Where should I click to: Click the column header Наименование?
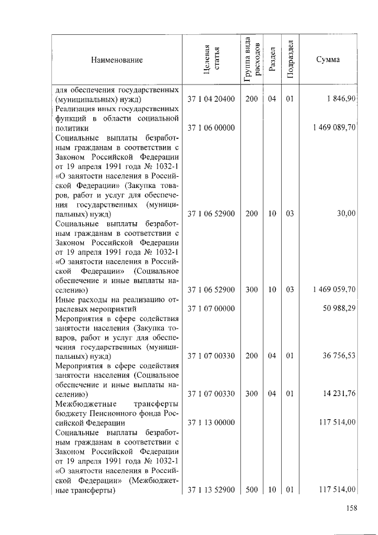[117, 60]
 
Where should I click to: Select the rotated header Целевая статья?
[211, 60]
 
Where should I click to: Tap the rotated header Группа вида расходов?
[251, 60]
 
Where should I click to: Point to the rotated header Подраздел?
[289, 60]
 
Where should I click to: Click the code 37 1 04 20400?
[211, 99]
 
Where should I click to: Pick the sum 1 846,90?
[340, 99]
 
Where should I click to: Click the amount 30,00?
[346, 213]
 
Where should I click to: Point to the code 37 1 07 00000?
[211, 309]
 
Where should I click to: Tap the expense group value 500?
[251, 489]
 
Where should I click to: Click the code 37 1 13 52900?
[211, 489]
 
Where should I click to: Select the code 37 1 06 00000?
[211, 128]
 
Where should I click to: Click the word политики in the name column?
[72, 128]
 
